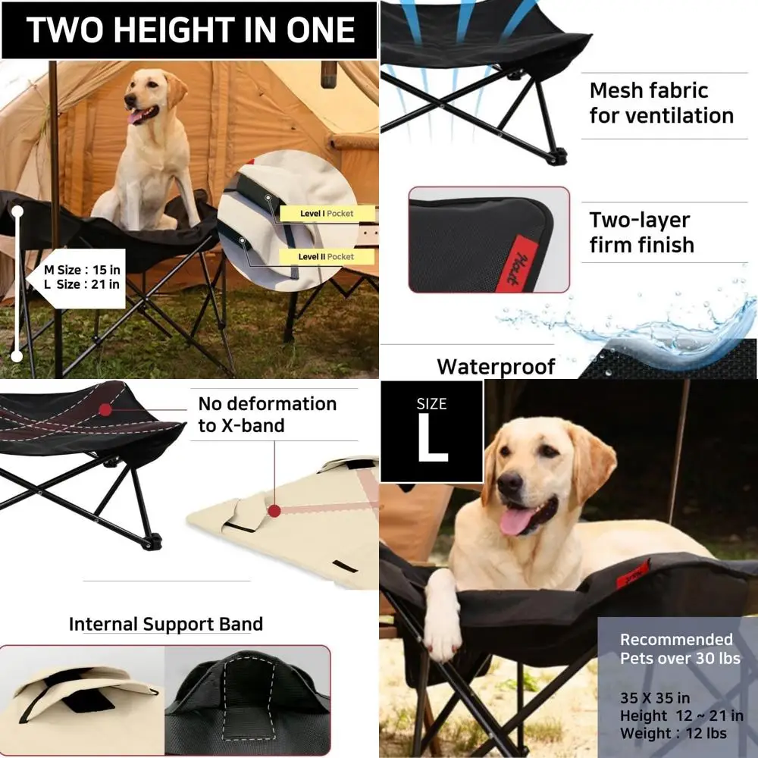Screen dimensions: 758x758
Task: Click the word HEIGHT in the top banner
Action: [x=174, y=30]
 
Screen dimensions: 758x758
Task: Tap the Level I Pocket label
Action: [x=327, y=214]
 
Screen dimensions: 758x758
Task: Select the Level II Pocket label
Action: [x=326, y=257]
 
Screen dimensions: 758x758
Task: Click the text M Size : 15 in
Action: [x=82, y=270]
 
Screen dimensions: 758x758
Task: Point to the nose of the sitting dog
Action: [x=130, y=100]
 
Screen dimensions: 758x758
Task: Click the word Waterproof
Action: [x=496, y=366]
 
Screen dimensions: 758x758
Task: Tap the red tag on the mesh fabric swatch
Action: [x=518, y=264]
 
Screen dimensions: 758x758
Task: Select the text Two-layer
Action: [x=640, y=221]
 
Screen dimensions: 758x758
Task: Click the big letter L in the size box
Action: [x=433, y=439]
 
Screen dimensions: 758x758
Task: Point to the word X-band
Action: [x=253, y=426]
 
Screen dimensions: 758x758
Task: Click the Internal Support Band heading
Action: [x=166, y=624]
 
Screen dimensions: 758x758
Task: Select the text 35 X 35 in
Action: [x=655, y=698]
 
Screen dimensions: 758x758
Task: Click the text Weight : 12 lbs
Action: [x=673, y=733]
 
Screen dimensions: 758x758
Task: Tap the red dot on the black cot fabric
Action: [x=105, y=410]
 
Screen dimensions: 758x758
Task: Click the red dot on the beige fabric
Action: [x=274, y=511]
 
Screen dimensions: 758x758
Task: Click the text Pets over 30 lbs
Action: [x=680, y=659]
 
